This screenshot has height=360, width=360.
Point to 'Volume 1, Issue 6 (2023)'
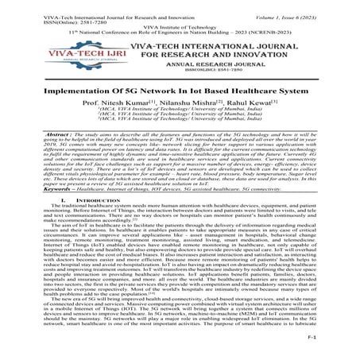[311, 6]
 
